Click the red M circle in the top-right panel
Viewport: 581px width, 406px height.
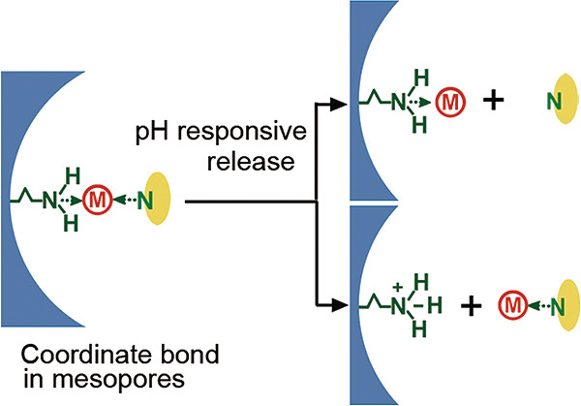(x=448, y=99)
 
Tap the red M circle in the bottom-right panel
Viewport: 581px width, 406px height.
(x=510, y=308)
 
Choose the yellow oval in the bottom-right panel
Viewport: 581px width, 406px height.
(x=557, y=308)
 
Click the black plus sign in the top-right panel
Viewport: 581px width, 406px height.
(x=494, y=100)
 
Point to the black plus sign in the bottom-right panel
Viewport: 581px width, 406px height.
(x=471, y=307)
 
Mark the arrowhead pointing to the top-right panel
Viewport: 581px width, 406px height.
(x=338, y=101)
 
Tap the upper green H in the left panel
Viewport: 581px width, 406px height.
(x=71, y=173)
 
